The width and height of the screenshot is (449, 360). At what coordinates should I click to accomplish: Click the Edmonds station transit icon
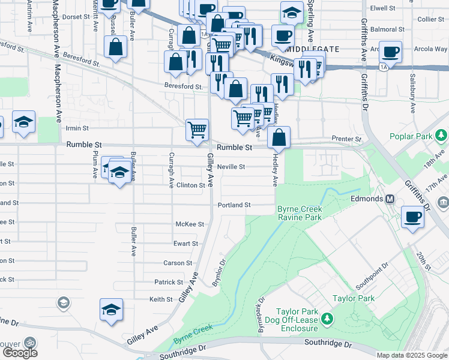[390, 199]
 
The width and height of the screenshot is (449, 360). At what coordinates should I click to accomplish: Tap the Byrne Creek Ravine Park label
[300, 213]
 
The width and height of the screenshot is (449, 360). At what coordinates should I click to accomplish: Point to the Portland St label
[235, 205]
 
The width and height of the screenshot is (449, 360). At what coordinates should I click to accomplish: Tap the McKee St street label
[190, 224]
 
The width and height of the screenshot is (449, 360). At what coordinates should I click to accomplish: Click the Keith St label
[161, 299]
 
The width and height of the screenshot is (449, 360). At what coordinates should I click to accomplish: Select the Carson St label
[178, 263]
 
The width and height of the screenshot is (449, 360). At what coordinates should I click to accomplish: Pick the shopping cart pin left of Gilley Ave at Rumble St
[197, 130]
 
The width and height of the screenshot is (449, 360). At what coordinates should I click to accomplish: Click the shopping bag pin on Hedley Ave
[279, 137]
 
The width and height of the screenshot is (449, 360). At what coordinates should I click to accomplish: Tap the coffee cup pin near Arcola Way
[391, 52]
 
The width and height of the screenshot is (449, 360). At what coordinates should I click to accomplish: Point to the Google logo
[20, 353]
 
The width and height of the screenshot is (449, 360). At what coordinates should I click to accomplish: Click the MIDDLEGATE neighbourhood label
[314, 49]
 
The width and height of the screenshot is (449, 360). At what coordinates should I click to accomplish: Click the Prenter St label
[348, 139]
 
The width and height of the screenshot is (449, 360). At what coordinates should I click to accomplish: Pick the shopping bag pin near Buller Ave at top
[115, 47]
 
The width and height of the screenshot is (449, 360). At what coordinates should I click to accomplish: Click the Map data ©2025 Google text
[412, 355]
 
